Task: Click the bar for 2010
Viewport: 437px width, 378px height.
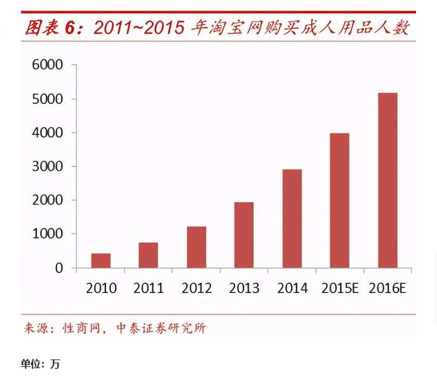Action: point(101,261)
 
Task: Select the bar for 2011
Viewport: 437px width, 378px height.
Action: point(148,255)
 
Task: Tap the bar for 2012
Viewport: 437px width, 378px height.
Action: point(196,247)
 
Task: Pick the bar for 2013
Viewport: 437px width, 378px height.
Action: point(244,235)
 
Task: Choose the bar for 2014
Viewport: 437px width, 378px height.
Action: point(292,218)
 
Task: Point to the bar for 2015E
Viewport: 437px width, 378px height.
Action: point(339,200)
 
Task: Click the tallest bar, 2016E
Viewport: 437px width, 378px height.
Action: point(387,180)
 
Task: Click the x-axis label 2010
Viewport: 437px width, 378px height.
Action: point(101,289)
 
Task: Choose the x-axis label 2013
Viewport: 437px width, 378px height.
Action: point(244,289)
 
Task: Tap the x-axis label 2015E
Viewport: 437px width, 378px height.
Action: point(340,289)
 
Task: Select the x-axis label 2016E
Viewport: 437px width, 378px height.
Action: point(388,289)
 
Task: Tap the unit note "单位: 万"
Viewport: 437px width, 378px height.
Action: point(40,364)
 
